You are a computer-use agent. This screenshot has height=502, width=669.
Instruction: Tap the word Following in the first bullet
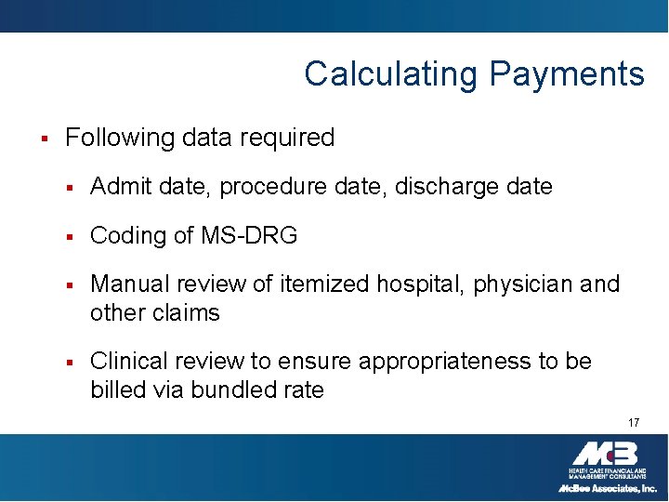click(120, 139)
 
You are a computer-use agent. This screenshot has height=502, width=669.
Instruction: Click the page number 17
click(634, 423)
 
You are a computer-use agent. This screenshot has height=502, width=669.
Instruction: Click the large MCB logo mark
click(605, 454)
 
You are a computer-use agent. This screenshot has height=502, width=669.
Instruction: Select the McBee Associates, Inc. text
click(608, 488)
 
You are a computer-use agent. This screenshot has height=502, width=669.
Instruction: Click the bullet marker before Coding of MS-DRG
click(70, 237)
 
